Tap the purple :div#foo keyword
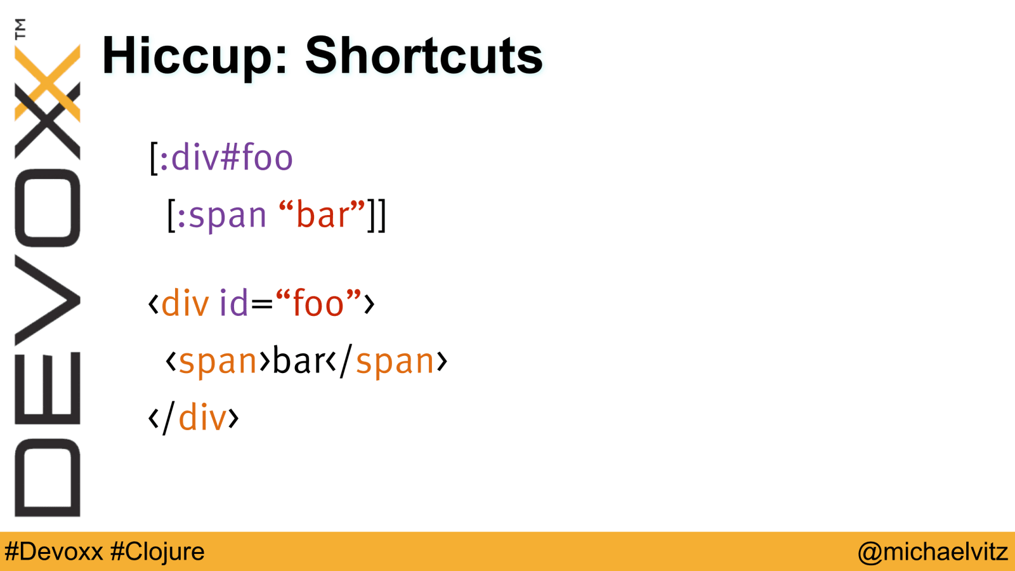(226, 157)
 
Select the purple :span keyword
(221, 216)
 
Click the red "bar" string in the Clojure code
(322, 213)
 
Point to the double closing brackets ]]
(377, 215)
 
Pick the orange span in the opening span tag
(218, 362)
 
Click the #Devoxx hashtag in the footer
(54, 552)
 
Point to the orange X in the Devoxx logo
(48, 83)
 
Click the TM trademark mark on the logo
(20, 29)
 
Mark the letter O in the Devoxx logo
(48, 208)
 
